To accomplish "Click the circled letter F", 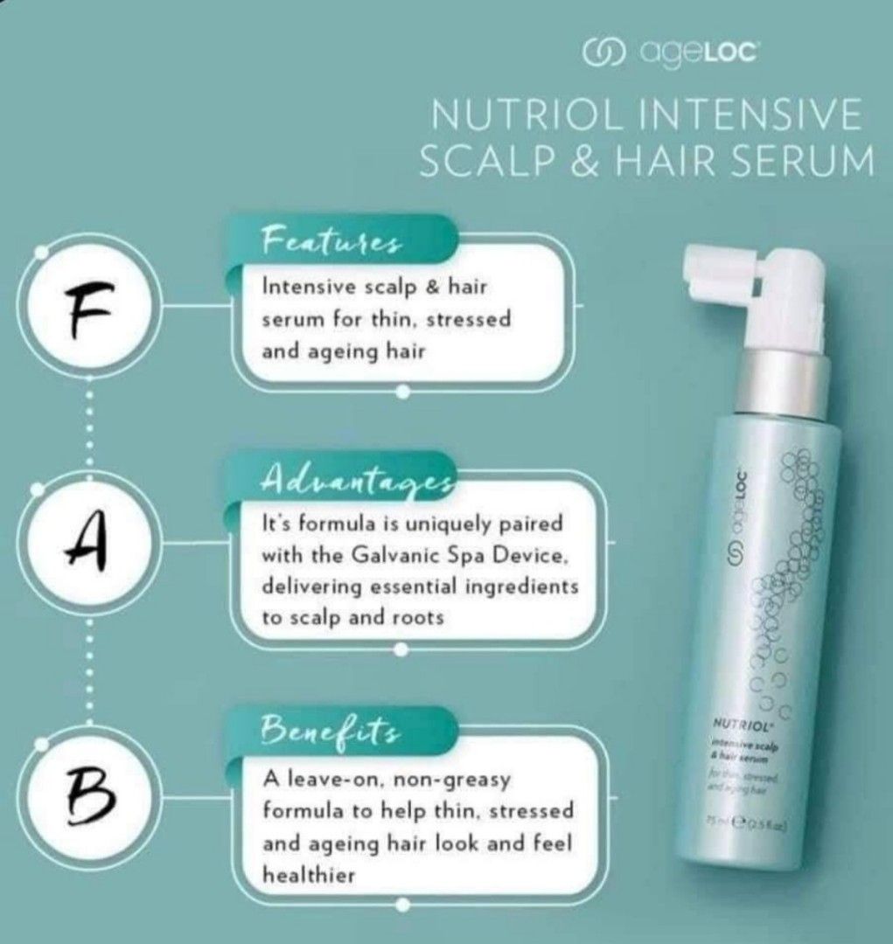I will point(86,308).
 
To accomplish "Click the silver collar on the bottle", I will point(770,377).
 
